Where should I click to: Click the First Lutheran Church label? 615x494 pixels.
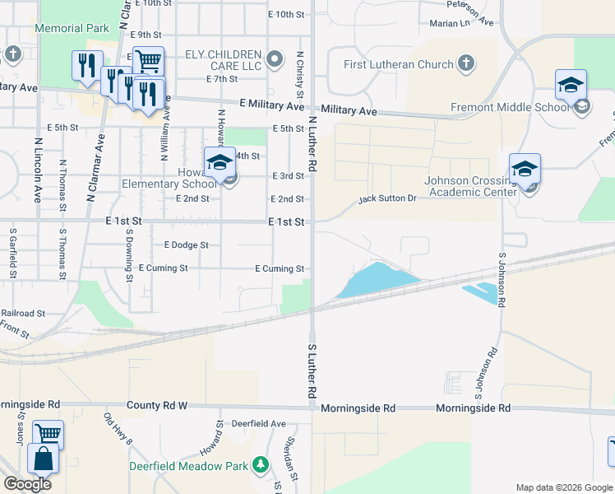coord(399,64)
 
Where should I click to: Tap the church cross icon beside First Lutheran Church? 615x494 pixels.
coord(466,63)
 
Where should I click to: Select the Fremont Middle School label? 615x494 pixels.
coord(511,107)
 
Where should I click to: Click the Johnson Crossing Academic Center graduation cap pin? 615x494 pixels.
coord(525,170)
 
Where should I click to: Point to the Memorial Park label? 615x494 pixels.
coord(72,28)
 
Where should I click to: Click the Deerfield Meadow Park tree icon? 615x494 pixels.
coord(261,465)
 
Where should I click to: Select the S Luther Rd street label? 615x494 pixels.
coord(312,372)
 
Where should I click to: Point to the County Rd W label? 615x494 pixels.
coord(157,406)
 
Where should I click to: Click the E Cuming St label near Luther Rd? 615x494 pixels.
coord(280,268)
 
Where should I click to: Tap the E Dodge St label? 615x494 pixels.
coord(187,245)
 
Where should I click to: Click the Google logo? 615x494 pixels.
coord(27,484)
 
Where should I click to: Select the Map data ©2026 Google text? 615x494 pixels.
coord(564,487)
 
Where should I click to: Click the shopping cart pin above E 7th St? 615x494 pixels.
coord(148,62)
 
